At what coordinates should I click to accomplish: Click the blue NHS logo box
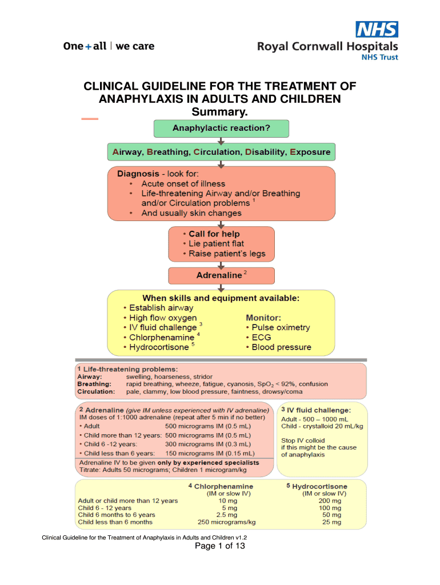coord(377,29)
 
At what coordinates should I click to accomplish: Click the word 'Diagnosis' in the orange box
coord(137,173)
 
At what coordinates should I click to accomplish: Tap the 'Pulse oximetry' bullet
coord(281,327)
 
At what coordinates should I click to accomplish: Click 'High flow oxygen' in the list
coord(163,318)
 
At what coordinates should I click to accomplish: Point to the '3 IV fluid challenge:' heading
coord(316,410)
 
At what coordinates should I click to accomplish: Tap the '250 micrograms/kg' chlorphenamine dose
coord(227,522)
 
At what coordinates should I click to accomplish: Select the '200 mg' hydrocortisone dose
coord(330,500)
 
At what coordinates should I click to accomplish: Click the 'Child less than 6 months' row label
coord(115,522)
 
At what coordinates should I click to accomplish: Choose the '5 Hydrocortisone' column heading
coord(316,486)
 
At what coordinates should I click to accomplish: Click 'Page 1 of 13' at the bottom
coord(220,546)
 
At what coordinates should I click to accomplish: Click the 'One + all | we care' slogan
coord(109,46)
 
